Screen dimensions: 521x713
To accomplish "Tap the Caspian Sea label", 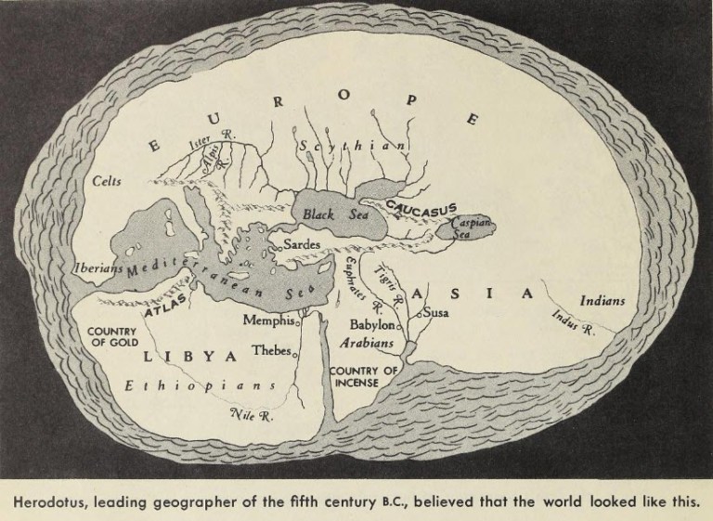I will pos(470,228).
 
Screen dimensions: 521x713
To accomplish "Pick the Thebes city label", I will pos(271,352).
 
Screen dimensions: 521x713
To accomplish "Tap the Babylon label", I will pos(372,326).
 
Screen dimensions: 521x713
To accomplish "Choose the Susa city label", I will pos(436,313).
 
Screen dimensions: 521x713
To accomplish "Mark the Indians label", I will pos(602,301).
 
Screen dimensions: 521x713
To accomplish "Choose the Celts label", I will pos(109,182).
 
